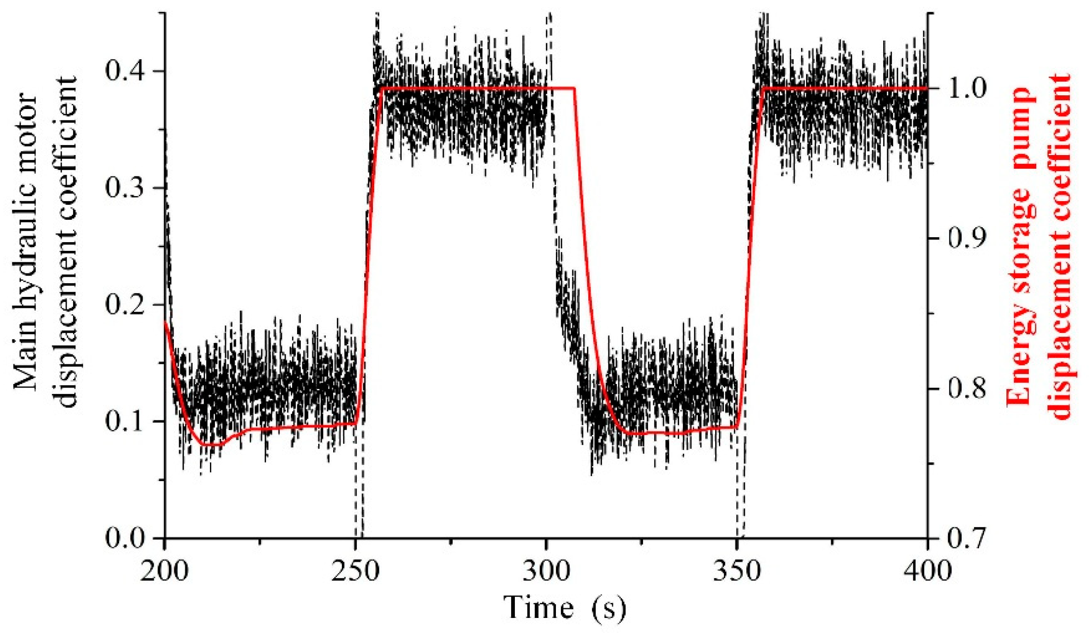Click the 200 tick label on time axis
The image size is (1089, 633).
click(x=164, y=571)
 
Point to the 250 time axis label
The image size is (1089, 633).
click(x=355, y=571)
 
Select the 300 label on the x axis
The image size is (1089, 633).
click(x=546, y=571)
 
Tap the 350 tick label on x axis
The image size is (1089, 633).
click(x=737, y=571)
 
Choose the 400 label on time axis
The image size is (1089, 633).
click(x=927, y=571)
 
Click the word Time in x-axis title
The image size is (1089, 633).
click(x=539, y=608)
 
